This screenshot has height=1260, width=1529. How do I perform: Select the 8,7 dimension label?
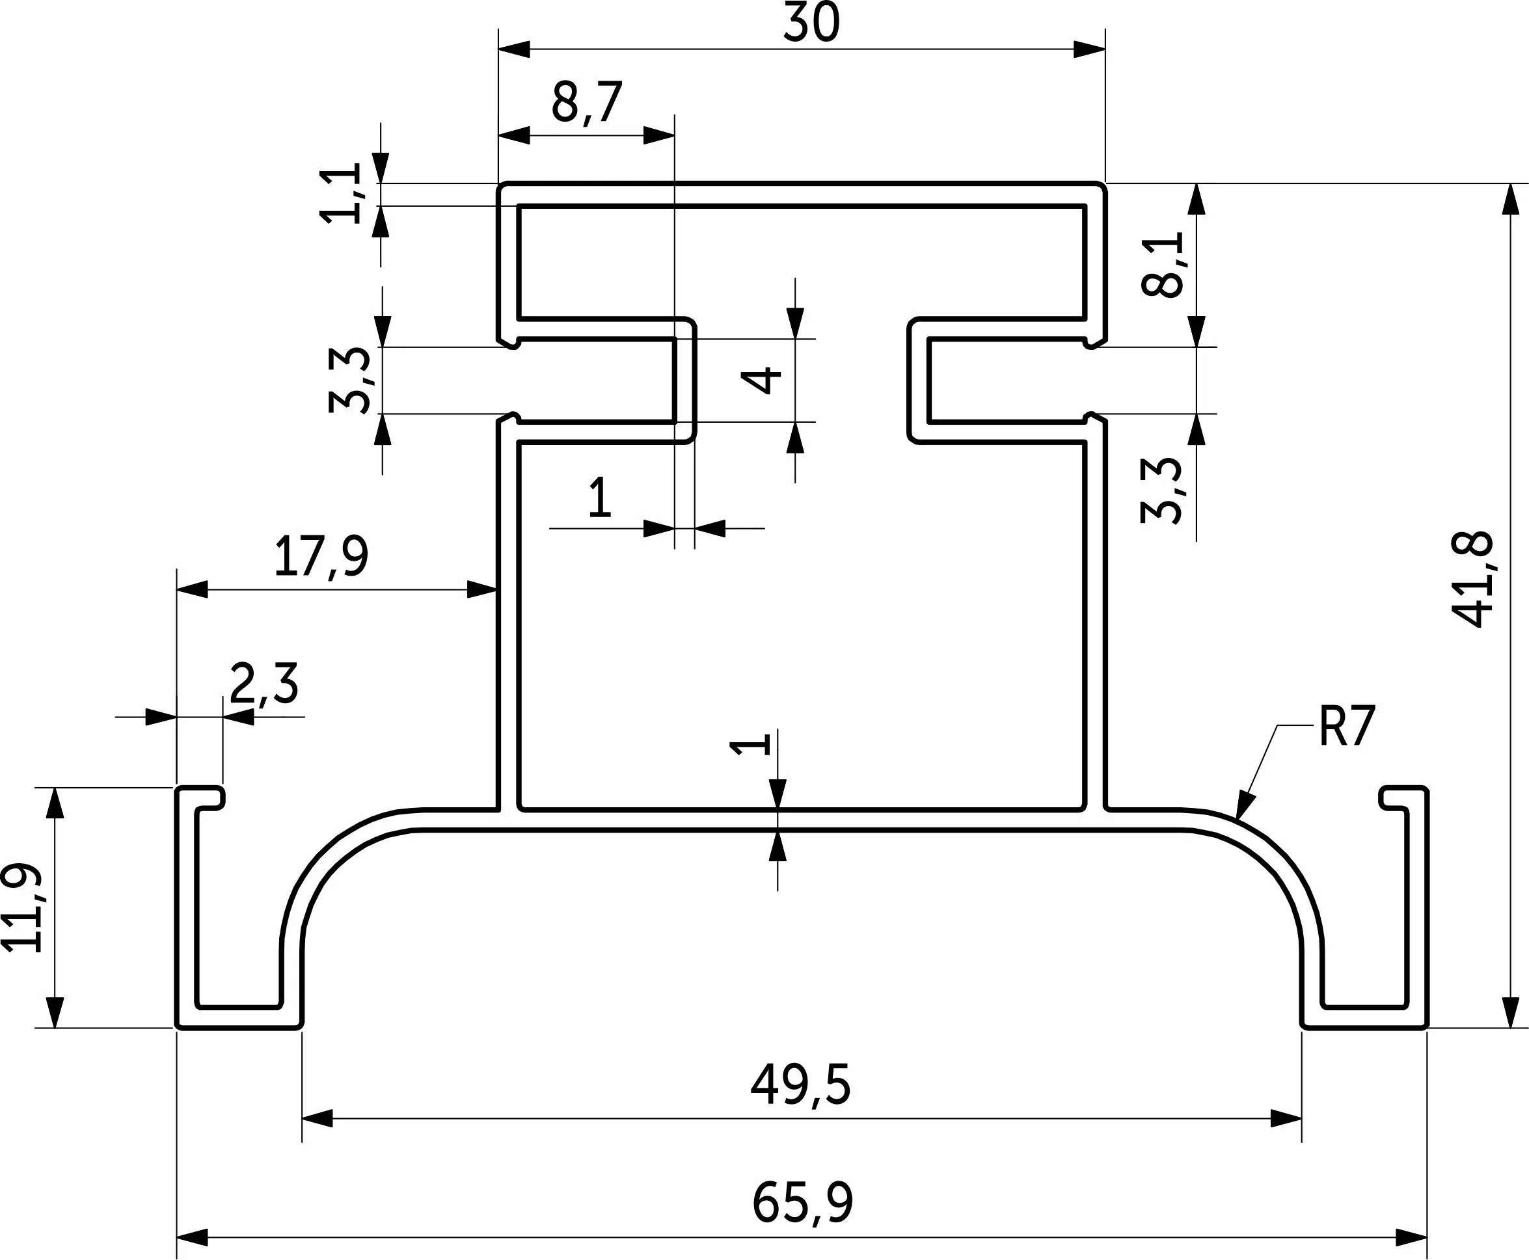click(588, 103)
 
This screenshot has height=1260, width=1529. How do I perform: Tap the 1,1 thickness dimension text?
click(341, 193)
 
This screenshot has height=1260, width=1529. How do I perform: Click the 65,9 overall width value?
click(802, 1203)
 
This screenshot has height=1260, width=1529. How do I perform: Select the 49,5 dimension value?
click(800, 1086)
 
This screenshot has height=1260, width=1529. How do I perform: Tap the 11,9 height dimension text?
click(21, 907)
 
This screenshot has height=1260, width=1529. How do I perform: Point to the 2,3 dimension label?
click(264, 684)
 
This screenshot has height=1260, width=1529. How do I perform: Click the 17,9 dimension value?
click(321, 557)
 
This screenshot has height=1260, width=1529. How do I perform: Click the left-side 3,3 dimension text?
click(350, 381)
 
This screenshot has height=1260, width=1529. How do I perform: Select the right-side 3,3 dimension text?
click(1161, 490)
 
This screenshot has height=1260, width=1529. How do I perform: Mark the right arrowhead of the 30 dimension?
click(1090, 49)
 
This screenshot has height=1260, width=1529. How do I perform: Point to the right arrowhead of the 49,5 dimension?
click(1286, 1118)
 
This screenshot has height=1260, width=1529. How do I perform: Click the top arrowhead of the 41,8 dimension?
click(1510, 199)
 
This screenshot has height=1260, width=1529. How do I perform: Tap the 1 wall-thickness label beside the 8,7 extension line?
click(600, 497)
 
